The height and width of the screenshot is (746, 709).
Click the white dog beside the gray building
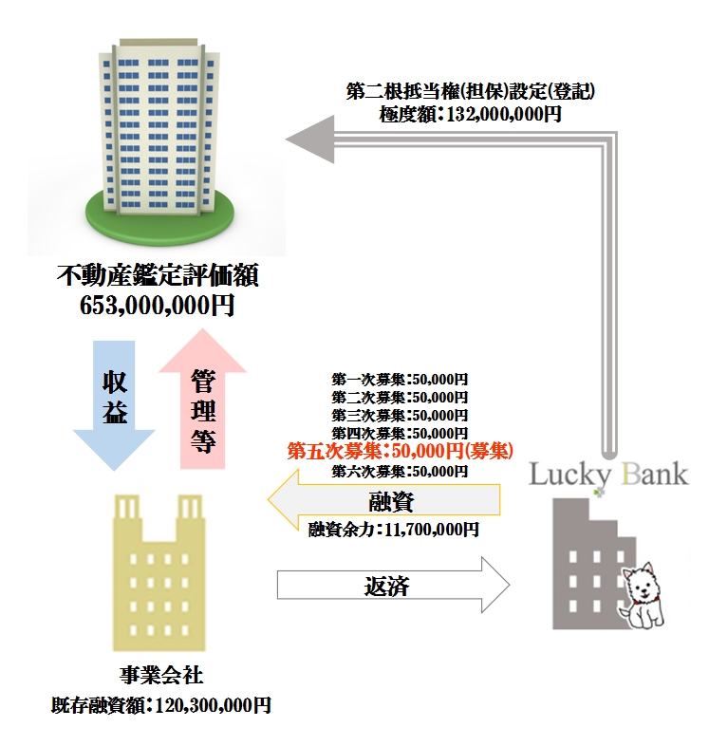(x=644, y=595)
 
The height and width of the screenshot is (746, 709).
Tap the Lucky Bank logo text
(x=607, y=474)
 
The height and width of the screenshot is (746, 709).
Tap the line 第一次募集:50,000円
(x=400, y=379)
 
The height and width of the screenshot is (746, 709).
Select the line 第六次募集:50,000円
(x=400, y=470)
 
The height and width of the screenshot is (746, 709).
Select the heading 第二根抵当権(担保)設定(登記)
(x=471, y=92)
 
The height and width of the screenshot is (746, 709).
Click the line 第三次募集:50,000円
(x=400, y=415)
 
